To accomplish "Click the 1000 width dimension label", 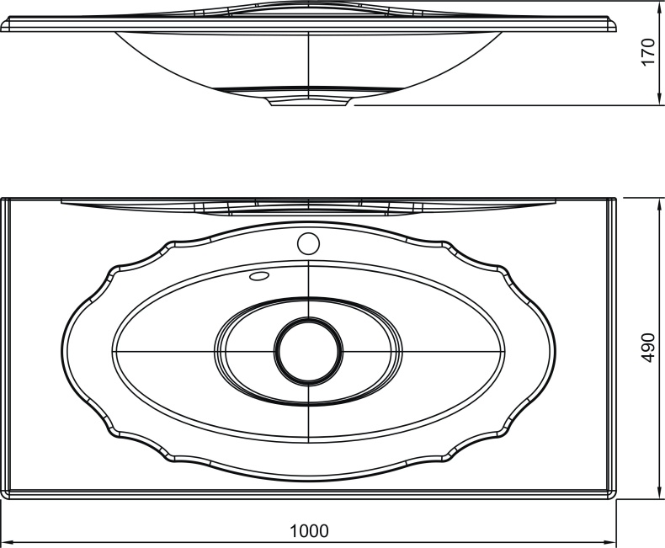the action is tap(309, 530).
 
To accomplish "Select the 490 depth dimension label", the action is tap(647, 348).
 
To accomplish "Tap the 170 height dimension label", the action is tap(647, 51).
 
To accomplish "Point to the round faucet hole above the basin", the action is tap(308, 243).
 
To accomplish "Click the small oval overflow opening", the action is tap(259, 276).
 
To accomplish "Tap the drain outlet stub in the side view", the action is tap(309, 102).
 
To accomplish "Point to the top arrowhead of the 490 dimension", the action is tap(658, 205).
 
